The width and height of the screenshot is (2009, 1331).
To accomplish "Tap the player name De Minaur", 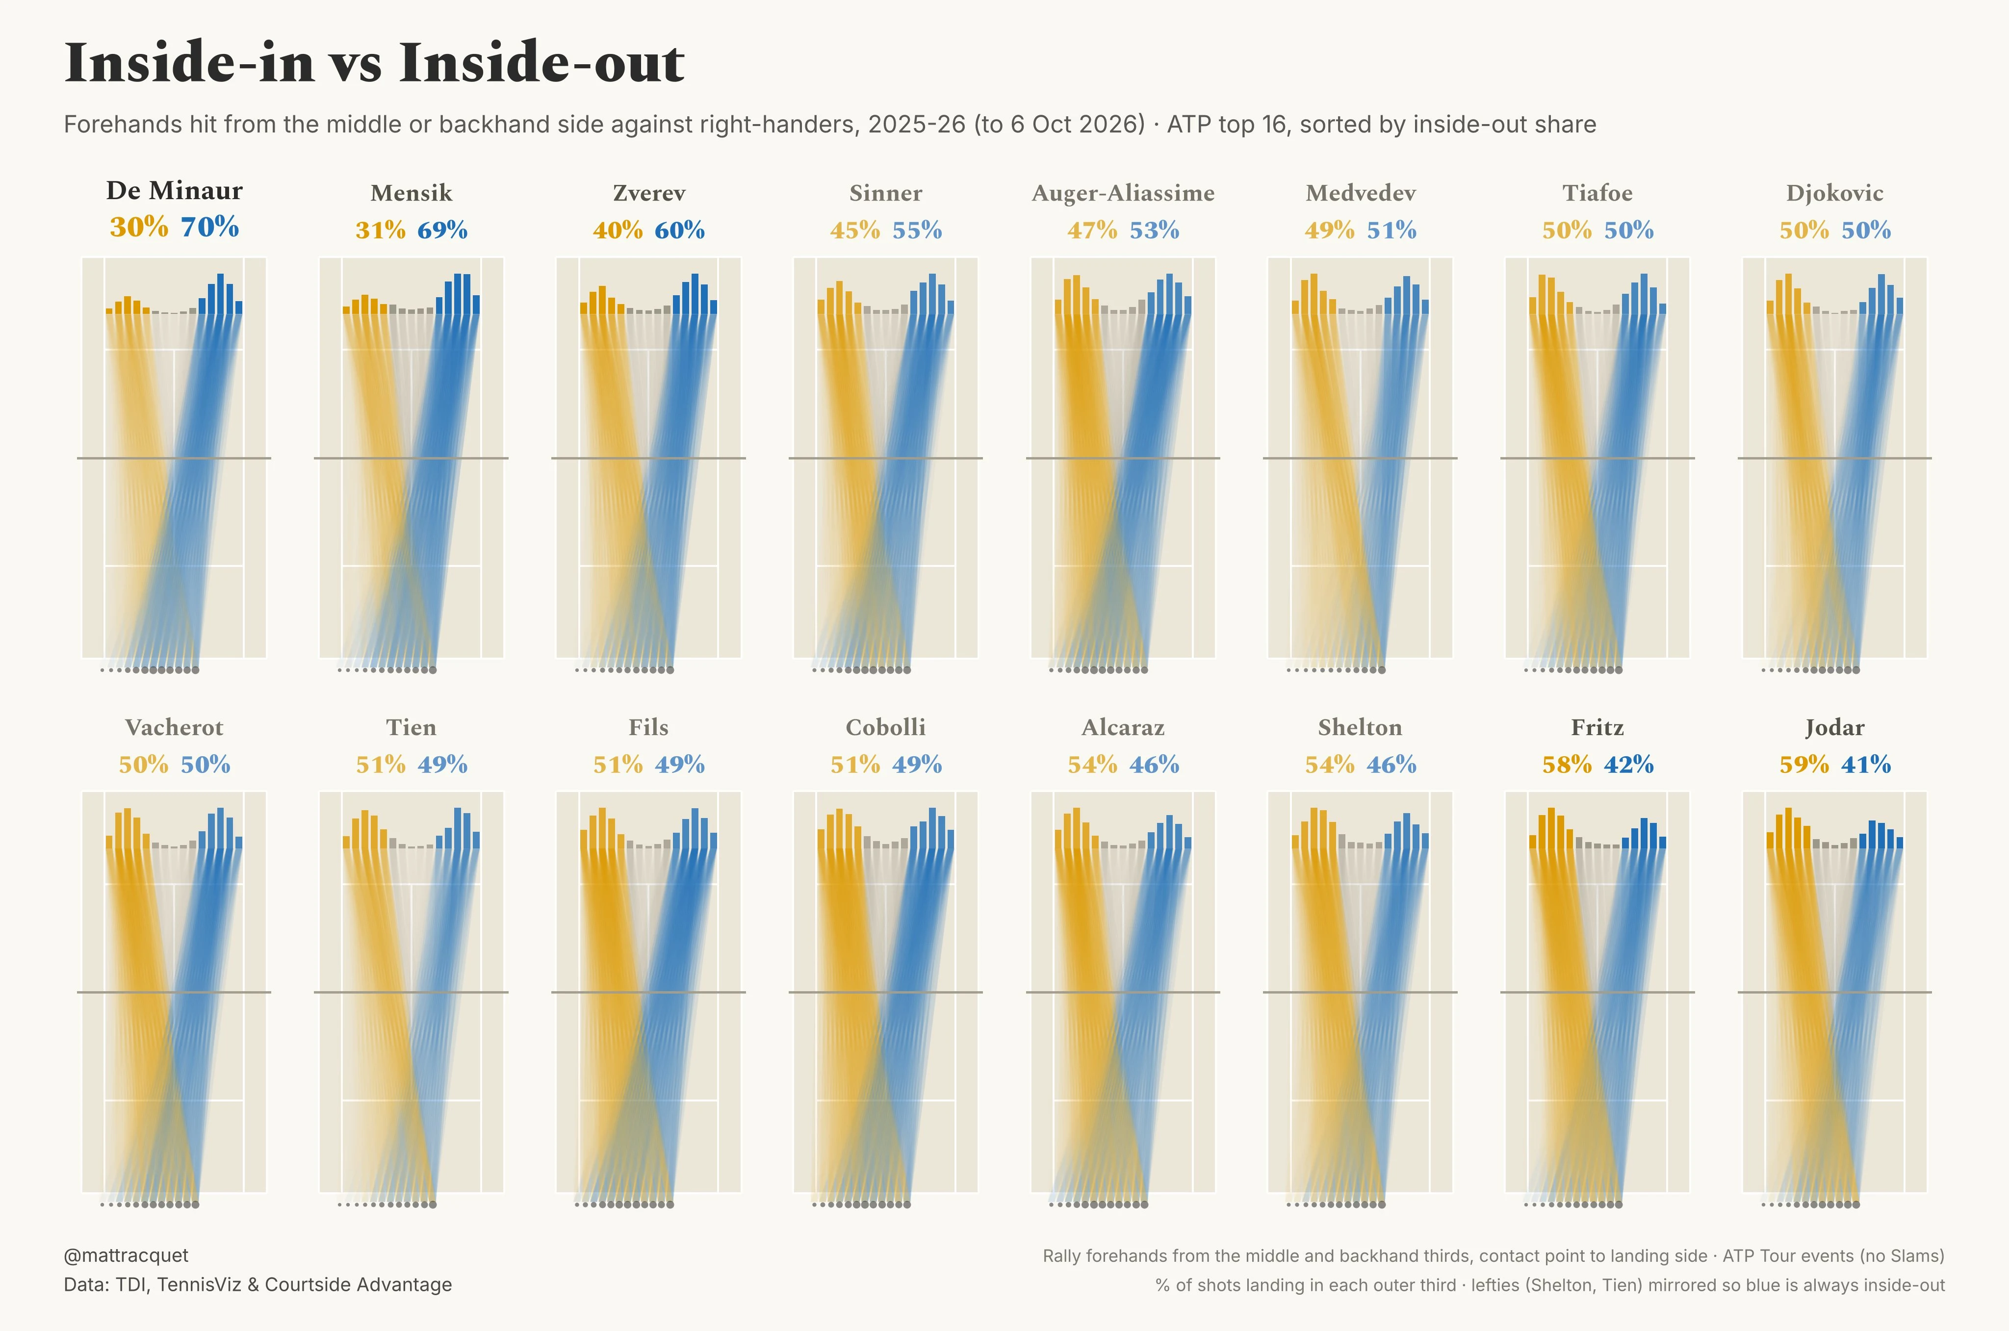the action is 174,190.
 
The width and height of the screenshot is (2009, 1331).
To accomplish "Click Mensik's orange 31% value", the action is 380,230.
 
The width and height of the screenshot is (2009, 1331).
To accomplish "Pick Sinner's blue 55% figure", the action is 917,230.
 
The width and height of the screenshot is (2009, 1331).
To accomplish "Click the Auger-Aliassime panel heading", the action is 1123,194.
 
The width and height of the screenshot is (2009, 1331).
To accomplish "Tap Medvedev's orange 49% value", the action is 1330,230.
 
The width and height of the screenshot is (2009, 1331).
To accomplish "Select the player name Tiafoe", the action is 1597,194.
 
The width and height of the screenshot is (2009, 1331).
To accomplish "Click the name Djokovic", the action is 1834,194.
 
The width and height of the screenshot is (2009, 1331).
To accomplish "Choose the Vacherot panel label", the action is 174,727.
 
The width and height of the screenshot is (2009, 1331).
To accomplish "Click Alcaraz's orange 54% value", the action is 1092,765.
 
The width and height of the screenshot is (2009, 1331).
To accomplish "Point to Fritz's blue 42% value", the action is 1628,765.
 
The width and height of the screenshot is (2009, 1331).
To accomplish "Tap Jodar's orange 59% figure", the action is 1804,765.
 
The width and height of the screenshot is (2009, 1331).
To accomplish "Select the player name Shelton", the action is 1360,727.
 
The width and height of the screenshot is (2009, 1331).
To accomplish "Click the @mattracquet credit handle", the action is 126,1255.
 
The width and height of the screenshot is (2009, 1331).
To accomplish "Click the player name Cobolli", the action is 885,727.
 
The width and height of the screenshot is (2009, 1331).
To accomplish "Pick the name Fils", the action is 648,727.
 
